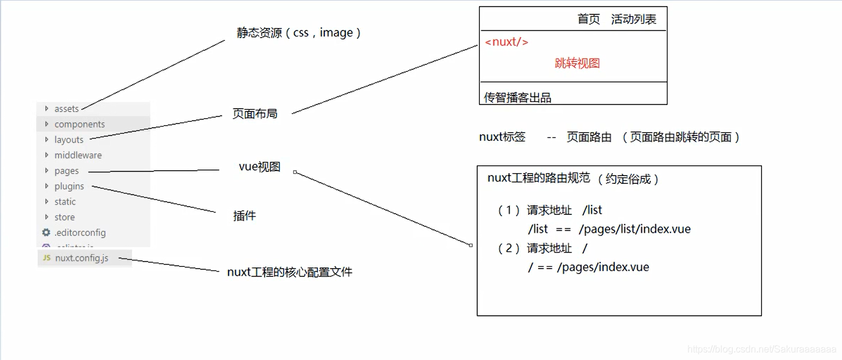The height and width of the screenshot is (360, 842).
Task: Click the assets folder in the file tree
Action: click(66, 109)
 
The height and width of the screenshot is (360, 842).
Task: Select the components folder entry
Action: click(79, 124)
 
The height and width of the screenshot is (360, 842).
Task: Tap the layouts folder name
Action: click(69, 140)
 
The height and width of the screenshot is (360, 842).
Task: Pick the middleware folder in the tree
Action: click(78, 155)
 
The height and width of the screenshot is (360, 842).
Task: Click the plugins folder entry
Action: click(69, 186)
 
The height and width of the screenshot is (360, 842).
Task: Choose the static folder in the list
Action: click(65, 202)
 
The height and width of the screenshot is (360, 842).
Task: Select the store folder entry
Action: click(64, 217)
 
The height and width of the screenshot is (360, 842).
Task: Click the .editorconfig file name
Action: click(80, 233)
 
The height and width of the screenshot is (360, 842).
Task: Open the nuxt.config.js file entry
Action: click(82, 259)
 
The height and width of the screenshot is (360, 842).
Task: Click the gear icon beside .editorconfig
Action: click(46, 232)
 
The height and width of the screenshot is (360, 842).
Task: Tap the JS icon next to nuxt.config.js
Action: click(47, 259)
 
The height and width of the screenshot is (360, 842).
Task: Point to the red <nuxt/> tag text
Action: click(506, 42)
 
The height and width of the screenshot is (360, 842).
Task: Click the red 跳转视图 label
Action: click(577, 63)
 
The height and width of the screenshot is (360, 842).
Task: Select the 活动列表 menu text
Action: click(634, 19)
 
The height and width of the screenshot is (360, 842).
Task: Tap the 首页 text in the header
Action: click(588, 19)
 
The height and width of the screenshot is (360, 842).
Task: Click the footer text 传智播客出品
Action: click(517, 98)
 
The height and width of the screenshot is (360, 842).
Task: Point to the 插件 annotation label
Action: click(244, 216)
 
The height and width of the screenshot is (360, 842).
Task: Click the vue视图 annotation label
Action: click(259, 167)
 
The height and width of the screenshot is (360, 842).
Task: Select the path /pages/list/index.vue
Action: click(635, 229)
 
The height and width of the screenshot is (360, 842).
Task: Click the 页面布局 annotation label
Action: click(255, 113)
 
